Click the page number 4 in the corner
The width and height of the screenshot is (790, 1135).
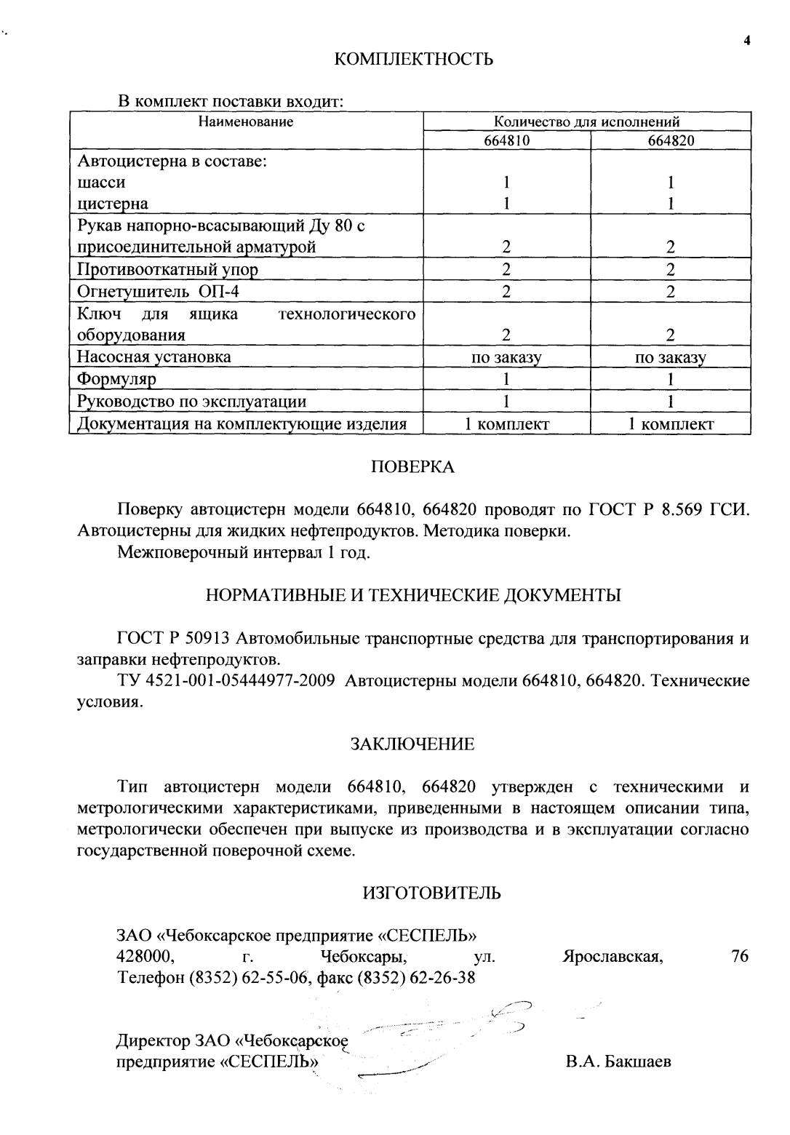(x=746, y=41)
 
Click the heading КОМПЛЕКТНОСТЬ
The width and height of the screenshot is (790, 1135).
(x=413, y=59)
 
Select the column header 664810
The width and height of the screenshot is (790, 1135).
(x=507, y=140)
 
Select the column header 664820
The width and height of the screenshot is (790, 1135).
(x=671, y=140)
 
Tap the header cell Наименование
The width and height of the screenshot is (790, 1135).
(x=246, y=122)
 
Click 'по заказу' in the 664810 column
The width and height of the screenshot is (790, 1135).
(x=507, y=358)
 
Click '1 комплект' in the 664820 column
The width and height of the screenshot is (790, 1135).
(x=671, y=424)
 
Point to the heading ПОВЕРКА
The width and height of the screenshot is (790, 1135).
(x=412, y=467)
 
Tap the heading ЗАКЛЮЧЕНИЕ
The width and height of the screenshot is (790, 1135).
(x=412, y=744)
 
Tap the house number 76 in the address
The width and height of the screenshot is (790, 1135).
(x=739, y=955)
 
